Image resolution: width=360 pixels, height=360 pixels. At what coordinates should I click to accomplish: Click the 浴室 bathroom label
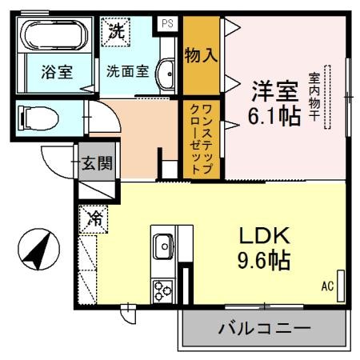tap(56, 71)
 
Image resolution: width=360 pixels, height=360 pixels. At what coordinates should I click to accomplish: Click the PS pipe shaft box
tap(167, 25)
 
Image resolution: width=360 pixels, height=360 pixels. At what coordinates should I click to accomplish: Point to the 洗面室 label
tap(128, 70)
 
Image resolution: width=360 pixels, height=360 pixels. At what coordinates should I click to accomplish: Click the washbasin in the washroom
tap(166, 75)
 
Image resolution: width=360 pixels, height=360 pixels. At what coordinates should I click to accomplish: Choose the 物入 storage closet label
tap(201, 56)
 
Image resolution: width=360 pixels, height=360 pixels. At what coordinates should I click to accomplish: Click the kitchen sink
tap(163, 244)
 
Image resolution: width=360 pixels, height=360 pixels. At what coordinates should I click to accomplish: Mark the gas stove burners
tap(163, 290)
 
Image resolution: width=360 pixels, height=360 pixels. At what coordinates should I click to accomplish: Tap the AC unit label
tap(327, 286)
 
